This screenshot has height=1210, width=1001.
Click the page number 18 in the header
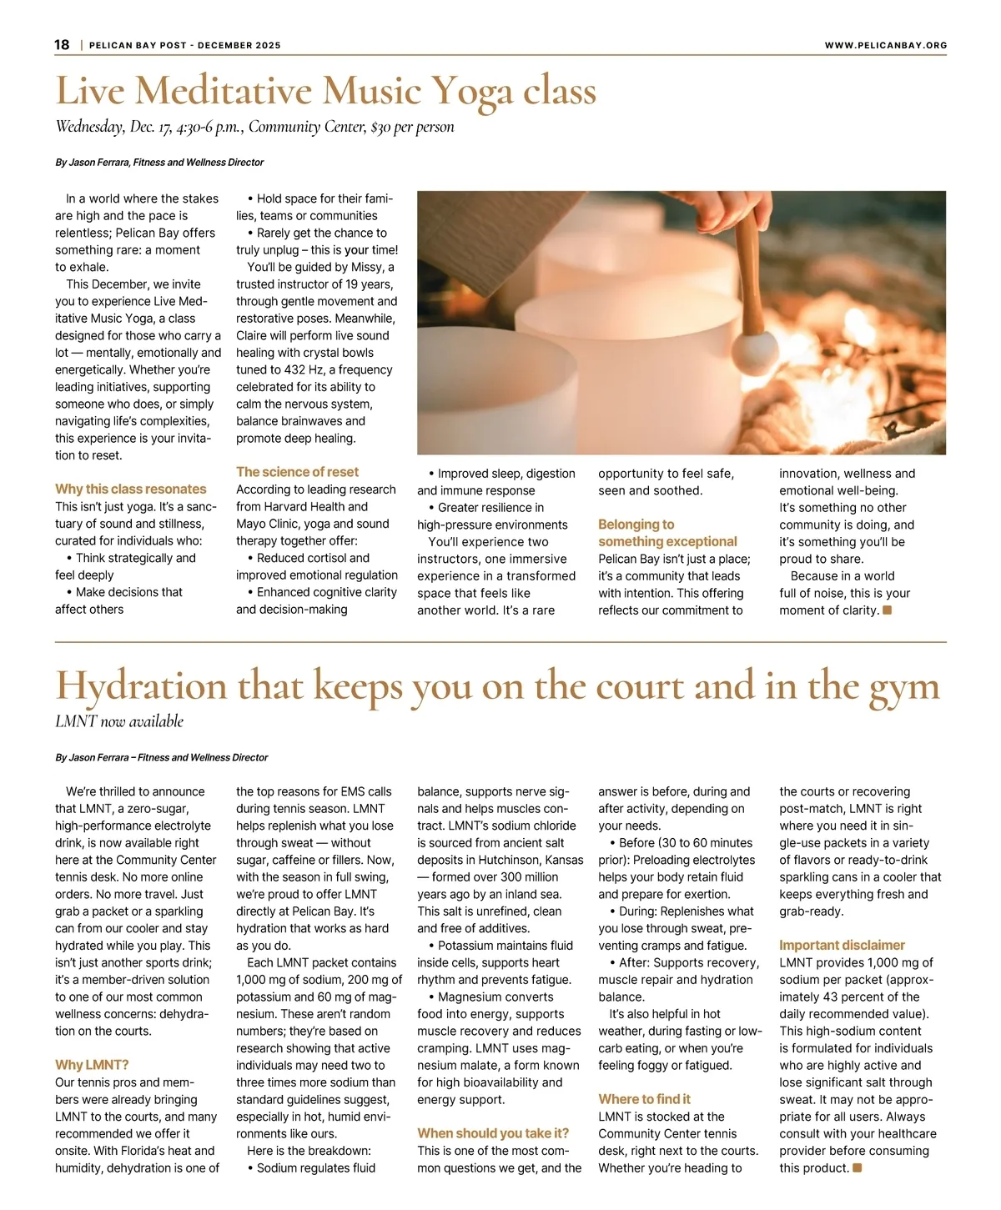[x=63, y=45]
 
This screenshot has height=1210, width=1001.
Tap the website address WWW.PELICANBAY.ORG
[x=885, y=46]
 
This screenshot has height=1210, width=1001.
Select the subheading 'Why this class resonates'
[x=131, y=490]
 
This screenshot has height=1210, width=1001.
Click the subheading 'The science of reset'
[x=297, y=472]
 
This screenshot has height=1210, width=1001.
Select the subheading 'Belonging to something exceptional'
[x=667, y=533]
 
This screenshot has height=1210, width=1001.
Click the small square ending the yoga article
[x=888, y=610]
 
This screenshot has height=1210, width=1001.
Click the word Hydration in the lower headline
[x=140, y=686]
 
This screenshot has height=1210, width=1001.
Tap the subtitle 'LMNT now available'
[x=119, y=722]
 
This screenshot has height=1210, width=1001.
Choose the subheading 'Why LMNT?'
[x=92, y=1065]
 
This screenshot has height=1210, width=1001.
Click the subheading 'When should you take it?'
[x=493, y=1133]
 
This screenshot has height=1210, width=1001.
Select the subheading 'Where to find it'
[x=644, y=1099]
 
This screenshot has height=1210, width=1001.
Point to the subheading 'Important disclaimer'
[x=842, y=945]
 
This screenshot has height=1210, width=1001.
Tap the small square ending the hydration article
[x=858, y=1168]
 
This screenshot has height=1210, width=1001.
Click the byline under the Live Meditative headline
[x=159, y=163]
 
